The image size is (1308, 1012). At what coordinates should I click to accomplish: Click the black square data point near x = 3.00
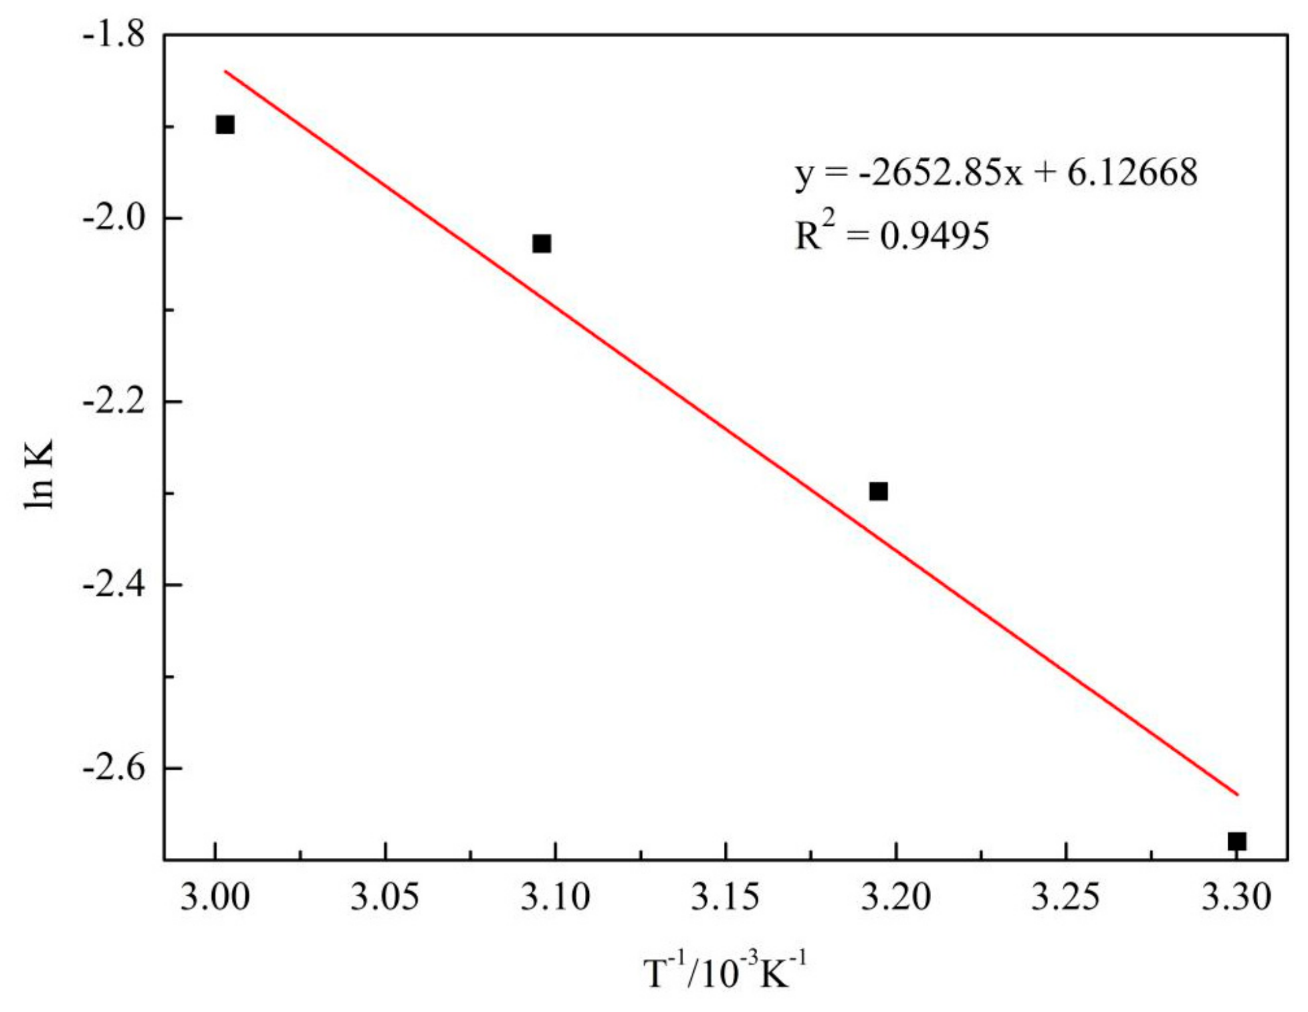(225, 125)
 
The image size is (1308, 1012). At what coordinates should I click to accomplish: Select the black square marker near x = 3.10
(542, 244)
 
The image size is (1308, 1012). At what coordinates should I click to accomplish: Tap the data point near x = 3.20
(878, 492)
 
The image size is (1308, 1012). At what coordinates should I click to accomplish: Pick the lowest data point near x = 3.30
(1236, 841)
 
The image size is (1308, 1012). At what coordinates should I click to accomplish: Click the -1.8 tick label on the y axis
(114, 35)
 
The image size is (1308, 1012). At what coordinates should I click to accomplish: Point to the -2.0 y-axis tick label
(114, 218)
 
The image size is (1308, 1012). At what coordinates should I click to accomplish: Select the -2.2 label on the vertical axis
(114, 401)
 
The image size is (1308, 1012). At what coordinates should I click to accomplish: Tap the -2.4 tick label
(114, 585)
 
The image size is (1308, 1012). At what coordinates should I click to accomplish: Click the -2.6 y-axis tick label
(114, 768)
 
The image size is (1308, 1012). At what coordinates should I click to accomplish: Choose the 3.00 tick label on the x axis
(215, 897)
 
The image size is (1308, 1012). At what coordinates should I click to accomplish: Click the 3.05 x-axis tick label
(385, 897)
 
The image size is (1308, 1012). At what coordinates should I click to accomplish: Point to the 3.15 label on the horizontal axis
(725, 897)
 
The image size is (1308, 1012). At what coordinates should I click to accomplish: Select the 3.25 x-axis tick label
(1065, 897)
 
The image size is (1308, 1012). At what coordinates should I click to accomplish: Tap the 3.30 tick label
(1236, 897)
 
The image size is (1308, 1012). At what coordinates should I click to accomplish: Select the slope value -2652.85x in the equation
(940, 173)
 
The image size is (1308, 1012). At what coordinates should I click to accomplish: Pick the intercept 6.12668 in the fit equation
(1132, 173)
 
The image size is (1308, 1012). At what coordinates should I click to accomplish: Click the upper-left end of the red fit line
(226, 71)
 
